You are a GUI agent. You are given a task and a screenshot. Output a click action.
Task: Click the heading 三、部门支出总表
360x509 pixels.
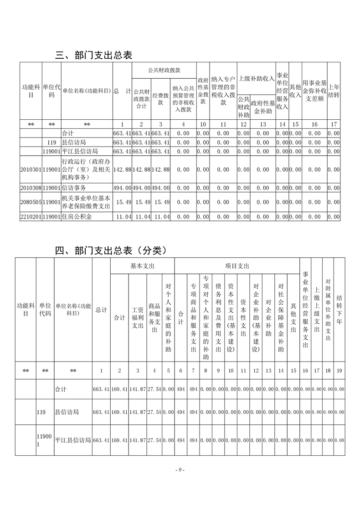coord(93,56)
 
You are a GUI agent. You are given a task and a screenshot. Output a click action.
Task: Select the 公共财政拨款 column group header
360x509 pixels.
coord(164,71)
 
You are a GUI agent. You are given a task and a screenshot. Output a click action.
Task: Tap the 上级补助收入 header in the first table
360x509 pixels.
coord(256,78)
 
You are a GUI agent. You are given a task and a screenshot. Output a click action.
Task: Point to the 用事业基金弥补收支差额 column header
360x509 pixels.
coord(314,91)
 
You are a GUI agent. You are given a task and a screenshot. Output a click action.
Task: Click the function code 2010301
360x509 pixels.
coord(31,169)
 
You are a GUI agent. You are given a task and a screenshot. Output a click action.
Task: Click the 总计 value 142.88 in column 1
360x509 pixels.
coord(122,169)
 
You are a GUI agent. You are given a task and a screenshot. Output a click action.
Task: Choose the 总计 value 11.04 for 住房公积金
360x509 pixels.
coord(122,217)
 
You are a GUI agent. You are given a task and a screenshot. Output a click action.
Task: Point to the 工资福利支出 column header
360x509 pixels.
coord(138,317)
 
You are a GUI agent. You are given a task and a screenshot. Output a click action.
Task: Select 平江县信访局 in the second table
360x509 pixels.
coord(73,440)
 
